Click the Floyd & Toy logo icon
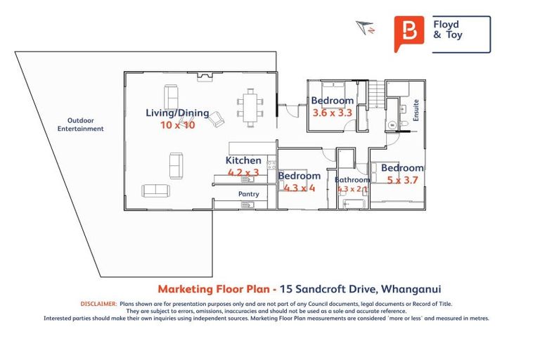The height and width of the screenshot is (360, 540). (409, 34)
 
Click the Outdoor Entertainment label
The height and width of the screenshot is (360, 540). (80, 124)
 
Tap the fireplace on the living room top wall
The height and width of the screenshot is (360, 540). (204, 75)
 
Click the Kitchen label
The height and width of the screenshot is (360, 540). (243, 160)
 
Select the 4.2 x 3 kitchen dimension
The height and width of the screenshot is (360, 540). (243, 172)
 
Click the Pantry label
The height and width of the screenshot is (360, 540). (248, 194)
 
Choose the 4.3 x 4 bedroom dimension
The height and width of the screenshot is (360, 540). (300, 188)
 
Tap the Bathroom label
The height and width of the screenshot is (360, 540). (352, 180)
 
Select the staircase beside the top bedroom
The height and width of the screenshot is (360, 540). (376, 91)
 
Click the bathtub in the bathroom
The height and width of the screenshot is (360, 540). (352, 204)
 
